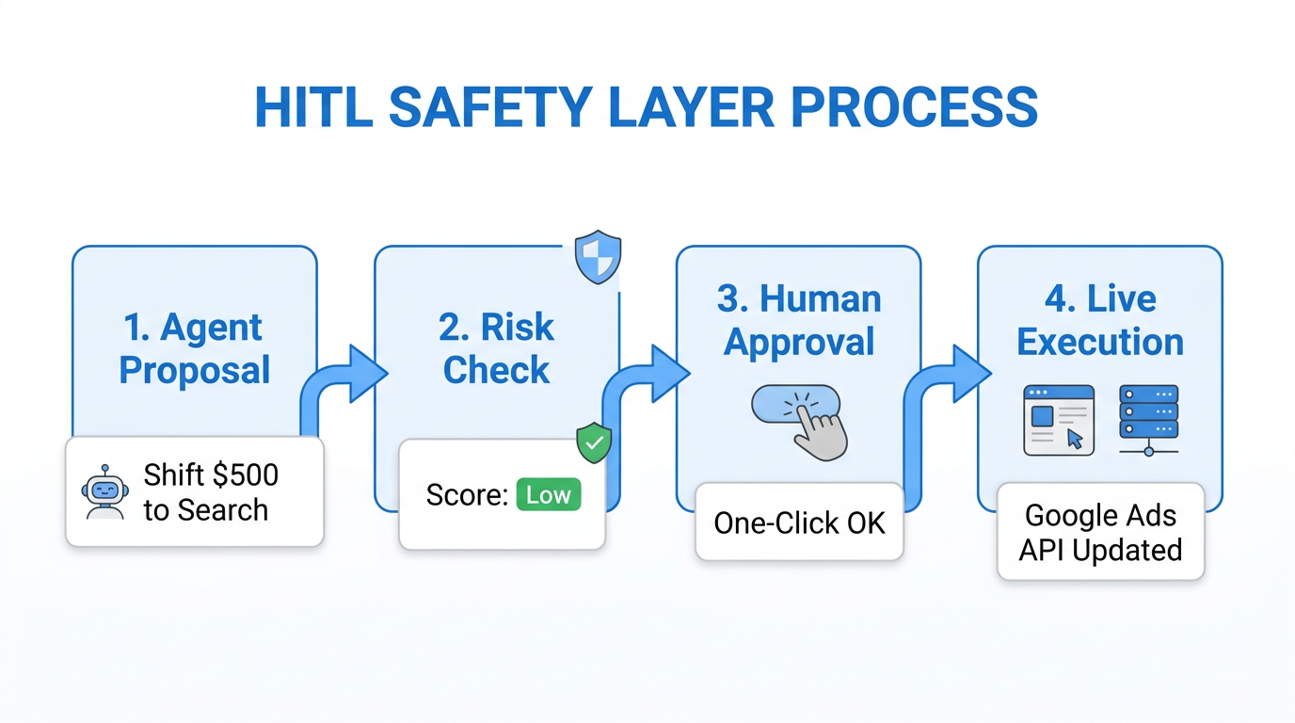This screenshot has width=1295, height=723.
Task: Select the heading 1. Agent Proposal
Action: (x=195, y=348)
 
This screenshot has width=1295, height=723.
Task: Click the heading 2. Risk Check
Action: (x=496, y=348)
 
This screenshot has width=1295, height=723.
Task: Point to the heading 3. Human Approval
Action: (x=799, y=320)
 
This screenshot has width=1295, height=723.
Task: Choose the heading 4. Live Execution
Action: (x=1100, y=320)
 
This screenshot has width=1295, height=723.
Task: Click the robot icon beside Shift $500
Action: (x=104, y=492)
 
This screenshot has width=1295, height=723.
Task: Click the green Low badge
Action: (x=549, y=495)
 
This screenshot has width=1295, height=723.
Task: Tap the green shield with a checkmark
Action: (x=594, y=442)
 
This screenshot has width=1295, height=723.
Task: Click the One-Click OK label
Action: (x=799, y=522)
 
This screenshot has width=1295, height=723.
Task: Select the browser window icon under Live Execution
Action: (x=1059, y=420)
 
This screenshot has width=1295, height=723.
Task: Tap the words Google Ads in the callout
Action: (x=1100, y=516)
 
